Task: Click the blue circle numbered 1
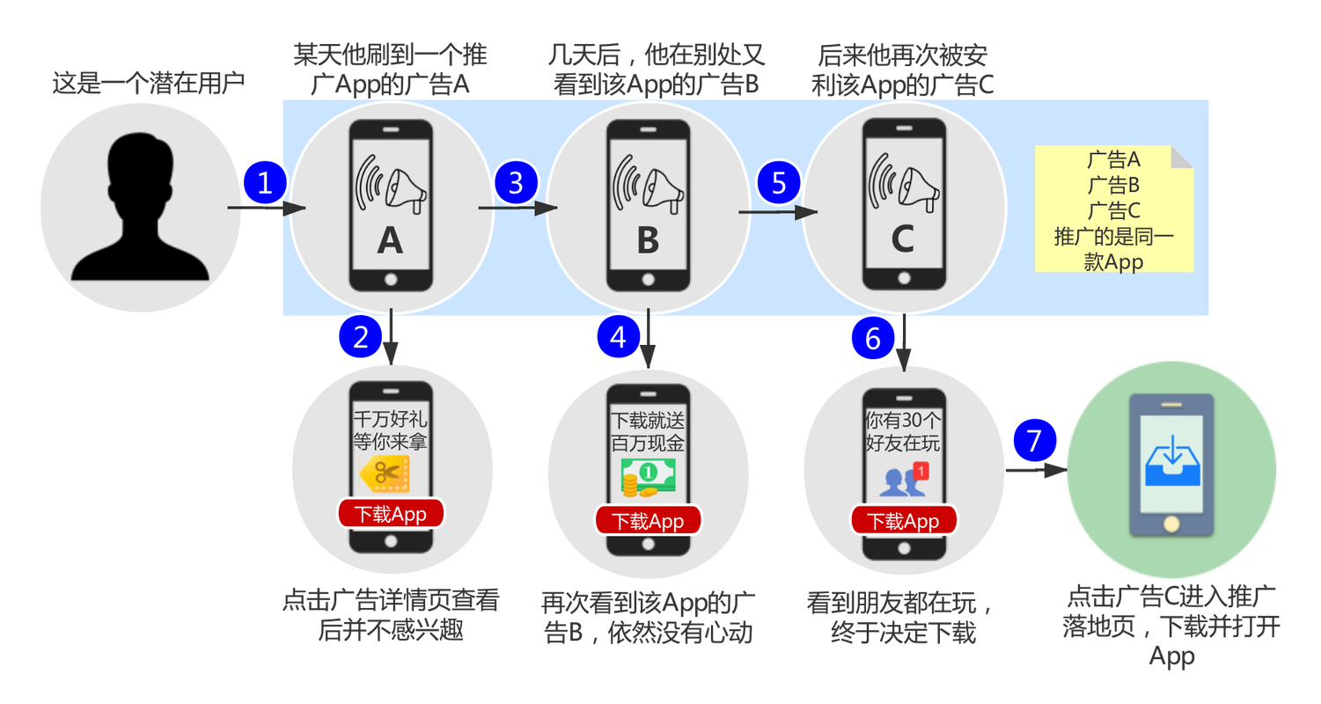[265, 183]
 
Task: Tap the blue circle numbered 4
[618, 337]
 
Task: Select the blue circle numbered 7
[1034, 441]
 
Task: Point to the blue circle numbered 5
[779, 183]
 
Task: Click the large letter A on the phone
[390, 240]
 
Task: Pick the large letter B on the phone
[648, 240]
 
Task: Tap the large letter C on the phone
[903, 238]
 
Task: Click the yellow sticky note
[1114, 209]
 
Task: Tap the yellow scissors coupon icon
[385, 473]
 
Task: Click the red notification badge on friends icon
[921, 471]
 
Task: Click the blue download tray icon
[1171, 460]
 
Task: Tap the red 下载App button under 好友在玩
[903, 521]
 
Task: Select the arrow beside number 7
[1036, 471]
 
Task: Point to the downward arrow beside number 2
[391, 337]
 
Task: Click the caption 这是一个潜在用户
[148, 83]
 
